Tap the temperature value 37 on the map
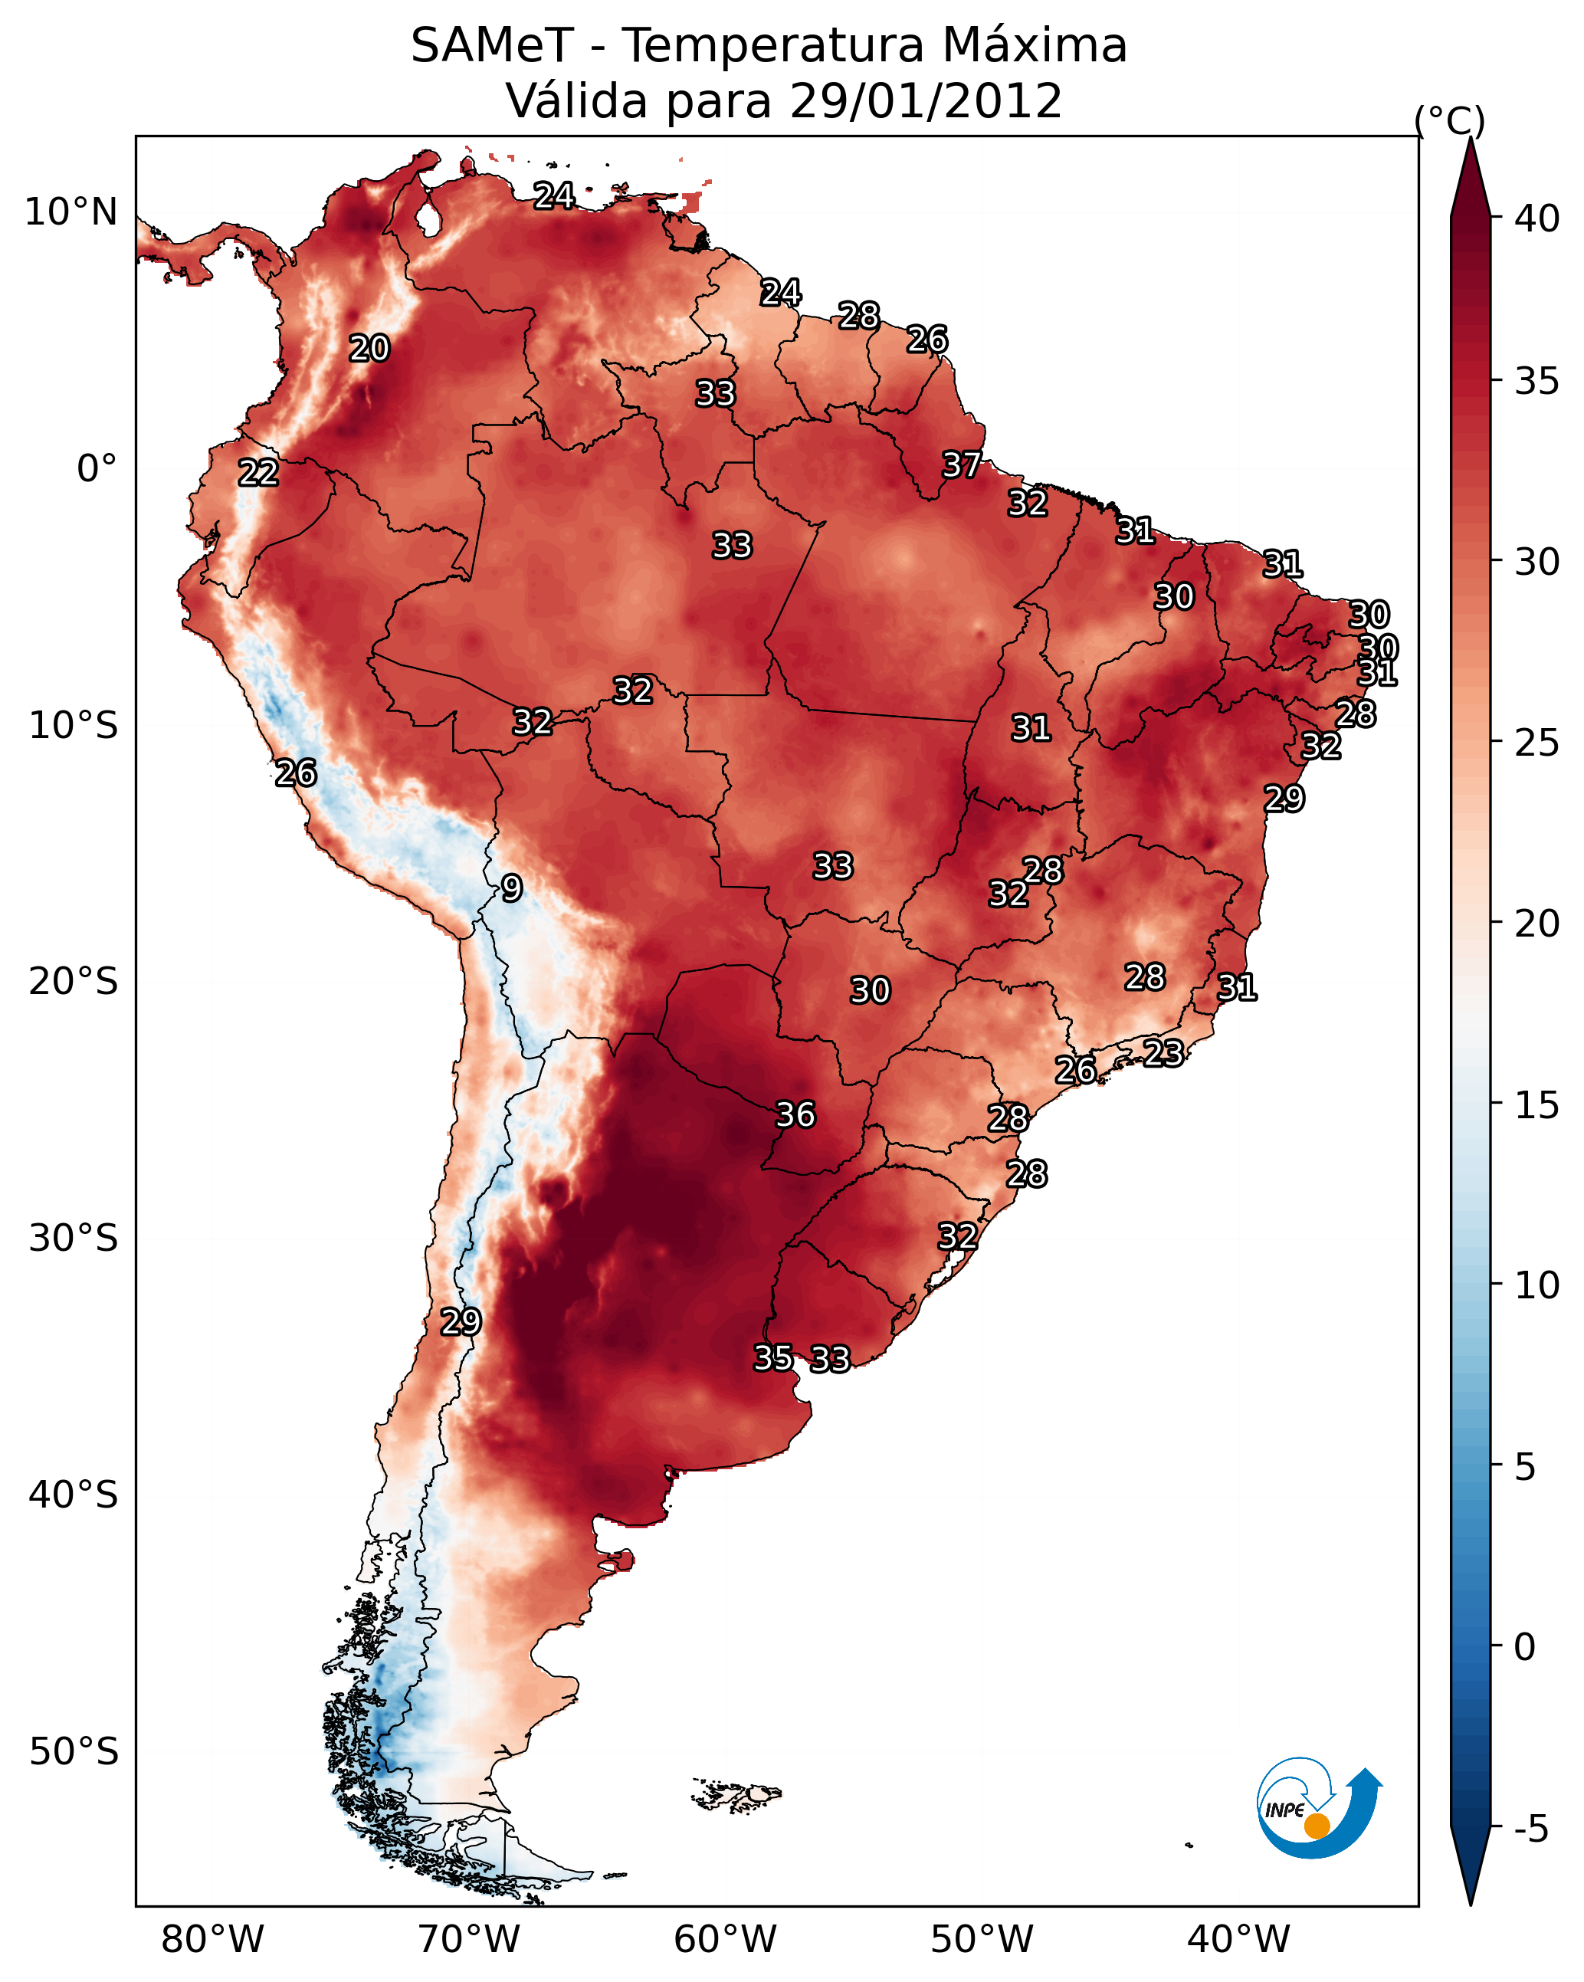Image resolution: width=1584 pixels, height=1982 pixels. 962,465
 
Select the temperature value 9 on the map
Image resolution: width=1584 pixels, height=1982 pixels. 512,888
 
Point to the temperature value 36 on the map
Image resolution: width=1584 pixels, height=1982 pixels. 795,1114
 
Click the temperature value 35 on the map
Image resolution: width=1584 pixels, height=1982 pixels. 773,1357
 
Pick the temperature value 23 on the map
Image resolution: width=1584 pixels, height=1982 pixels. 1163,1052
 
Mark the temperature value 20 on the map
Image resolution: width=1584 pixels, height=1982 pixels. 369,349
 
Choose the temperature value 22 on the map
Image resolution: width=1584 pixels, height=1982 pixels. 258,473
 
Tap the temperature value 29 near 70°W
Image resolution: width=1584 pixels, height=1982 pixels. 461,1321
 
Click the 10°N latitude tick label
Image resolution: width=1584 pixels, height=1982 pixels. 71,212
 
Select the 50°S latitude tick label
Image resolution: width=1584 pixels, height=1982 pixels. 74,1752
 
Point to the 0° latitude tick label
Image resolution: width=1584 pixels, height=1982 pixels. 97,469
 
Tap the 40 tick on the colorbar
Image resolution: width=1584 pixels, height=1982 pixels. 1537,218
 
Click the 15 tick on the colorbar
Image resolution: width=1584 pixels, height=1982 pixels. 1537,1105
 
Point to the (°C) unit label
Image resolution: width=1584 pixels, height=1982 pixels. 1450,120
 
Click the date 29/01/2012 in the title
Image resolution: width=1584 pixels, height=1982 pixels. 925,101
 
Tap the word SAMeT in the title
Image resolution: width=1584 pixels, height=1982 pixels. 492,46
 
